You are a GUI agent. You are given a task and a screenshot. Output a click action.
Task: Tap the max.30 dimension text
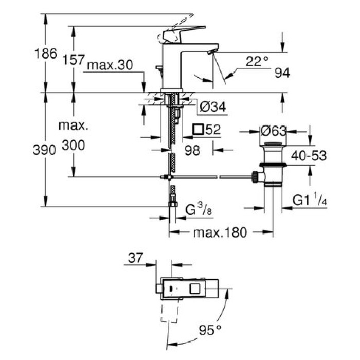(110, 65)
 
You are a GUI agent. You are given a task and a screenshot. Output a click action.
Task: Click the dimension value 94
(282, 74)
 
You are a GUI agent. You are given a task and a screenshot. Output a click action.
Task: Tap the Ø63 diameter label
(274, 131)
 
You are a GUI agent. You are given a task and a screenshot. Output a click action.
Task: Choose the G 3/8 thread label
(196, 210)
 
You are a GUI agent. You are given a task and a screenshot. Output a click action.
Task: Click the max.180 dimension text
(220, 233)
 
